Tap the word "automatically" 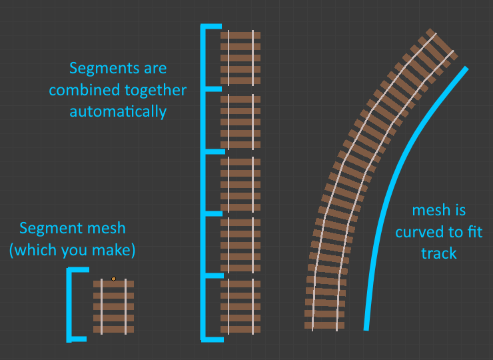point(118,111)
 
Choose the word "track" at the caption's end point(438,254)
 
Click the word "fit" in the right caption point(474,233)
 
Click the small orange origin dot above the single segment point(113,279)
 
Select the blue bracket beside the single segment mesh point(69,305)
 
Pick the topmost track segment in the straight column point(241,57)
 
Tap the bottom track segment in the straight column point(241,306)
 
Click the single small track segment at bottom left point(113,307)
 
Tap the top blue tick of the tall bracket point(212,27)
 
